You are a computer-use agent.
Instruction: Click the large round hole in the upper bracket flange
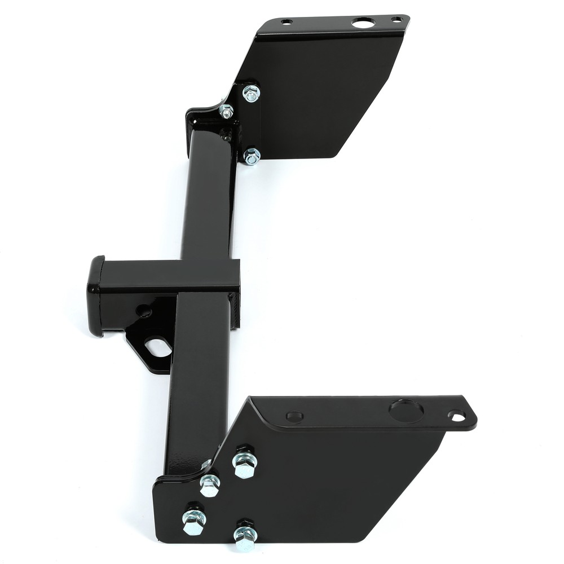(363, 23)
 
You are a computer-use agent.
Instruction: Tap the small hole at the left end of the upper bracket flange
(287, 22)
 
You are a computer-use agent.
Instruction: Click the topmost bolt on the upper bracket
(251, 93)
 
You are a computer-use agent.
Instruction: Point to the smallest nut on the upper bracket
(226, 111)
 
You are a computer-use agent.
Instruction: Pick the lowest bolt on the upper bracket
(252, 156)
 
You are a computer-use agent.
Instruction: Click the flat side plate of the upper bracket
(321, 96)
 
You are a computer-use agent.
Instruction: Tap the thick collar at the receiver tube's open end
(95, 296)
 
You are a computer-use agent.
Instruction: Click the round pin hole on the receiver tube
(144, 311)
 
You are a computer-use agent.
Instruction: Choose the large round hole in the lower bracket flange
(405, 411)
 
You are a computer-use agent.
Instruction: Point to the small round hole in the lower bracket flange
(294, 417)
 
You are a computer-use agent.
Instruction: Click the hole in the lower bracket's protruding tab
(457, 417)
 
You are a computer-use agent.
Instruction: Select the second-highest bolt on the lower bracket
(209, 485)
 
